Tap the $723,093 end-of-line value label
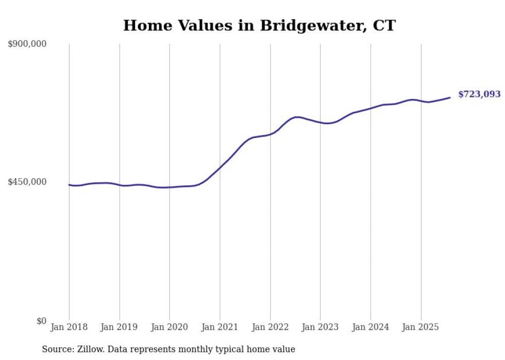coord(479,94)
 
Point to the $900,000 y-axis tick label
coord(27,44)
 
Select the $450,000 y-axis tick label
coord(27,182)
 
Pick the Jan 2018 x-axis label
coord(69,327)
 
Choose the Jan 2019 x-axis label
coord(120,327)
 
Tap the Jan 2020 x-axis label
coord(170,327)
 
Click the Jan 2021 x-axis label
coord(220,327)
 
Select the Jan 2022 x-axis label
coord(270,327)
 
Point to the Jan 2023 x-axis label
coord(320,327)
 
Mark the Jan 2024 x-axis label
coord(371,327)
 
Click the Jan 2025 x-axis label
coord(420,327)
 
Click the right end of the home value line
coord(450,97)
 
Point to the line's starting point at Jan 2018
coord(69,185)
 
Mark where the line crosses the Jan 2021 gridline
coord(220,167)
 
